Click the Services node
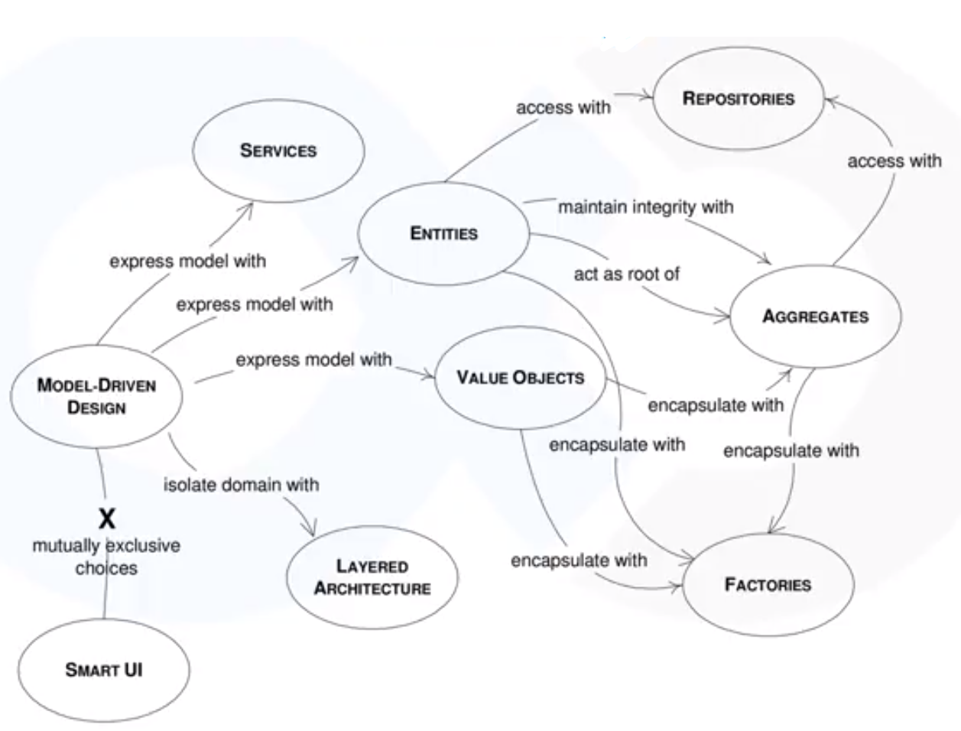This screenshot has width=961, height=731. pyautogui.click(x=278, y=151)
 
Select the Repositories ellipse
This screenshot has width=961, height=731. pyautogui.click(x=739, y=98)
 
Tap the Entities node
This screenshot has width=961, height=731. pyautogui.click(x=443, y=233)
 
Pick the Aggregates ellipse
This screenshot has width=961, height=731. pyautogui.click(x=815, y=316)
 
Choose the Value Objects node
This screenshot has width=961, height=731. pyautogui.click(x=520, y=377)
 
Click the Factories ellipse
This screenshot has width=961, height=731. pyautogui.click(x=768, y=585)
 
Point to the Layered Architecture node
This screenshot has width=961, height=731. pyautogui.click(x=372, y=577)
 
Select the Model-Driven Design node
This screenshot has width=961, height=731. pyautogui.click(x=96, y=396)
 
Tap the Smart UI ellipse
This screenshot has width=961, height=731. pyautogui.click(x=103, y=670)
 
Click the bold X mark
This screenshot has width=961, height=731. pyautogui.click(x=107, y=519)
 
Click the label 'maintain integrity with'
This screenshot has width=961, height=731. pyautogui.click(x=645, y=206)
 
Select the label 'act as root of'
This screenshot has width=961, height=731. pyautogui.click(x=626, y=274)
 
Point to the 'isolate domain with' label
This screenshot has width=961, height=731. pyautogui.click(x=241, y=485)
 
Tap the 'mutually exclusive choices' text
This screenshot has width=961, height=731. pyautogui.click(x=106, y=557)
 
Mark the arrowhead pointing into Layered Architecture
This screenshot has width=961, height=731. pyautogui.click(x=310, y=531)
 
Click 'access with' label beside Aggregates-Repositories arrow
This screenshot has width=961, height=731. pyautogui.click(x=894, y=161)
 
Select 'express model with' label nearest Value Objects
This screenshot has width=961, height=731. pyautogui.click(x=313, y=359)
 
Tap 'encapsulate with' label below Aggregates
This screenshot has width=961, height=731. pyautogui.click(x=791, y=451)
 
